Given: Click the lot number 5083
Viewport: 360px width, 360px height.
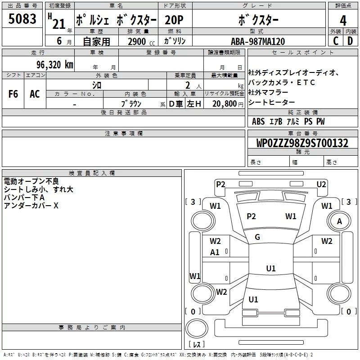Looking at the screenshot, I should [x=22, y=19].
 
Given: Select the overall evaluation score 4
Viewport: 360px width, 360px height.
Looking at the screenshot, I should [x=343, y=20].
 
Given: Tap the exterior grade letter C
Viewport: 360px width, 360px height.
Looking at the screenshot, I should [x=335, y=41].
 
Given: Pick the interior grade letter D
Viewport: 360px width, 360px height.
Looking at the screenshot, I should [x=351, y=41].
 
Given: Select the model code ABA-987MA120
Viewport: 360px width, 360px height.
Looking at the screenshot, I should [x=257, y=41].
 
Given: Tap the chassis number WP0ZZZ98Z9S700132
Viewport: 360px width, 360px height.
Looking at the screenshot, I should [x=302, y=143].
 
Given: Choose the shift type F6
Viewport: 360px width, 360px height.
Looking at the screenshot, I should [x=13, y=94].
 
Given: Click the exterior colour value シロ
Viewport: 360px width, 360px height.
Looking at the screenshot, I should [x=97, y=84].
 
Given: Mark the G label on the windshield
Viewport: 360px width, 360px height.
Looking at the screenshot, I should [x=257, y=237].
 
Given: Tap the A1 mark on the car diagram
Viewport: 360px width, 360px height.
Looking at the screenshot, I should [x=215, y=252].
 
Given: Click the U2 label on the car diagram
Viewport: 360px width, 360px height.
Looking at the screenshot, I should [x=321, y=184].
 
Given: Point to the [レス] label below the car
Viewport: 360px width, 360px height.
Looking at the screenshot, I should [x=196, y=345].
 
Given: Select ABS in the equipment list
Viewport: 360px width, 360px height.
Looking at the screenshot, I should [x=258, y=121].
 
